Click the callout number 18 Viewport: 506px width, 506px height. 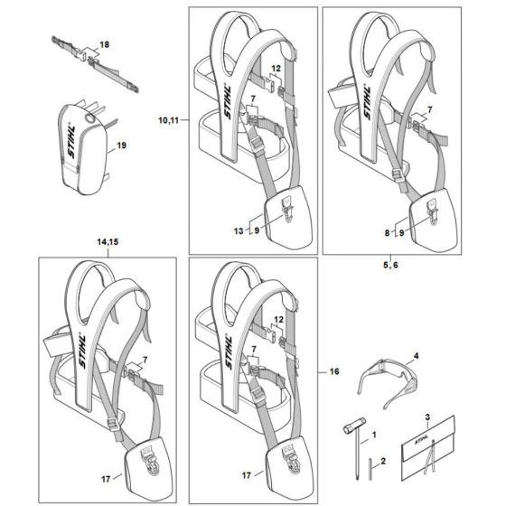pyautogui.click(x=105, y=44)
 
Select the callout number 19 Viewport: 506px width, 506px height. pyautogui.click(x=121, y=145)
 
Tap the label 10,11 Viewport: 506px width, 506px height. pyautogui.click(x=168, y=120)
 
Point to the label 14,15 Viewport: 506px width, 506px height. pyautogui.click(x=108, y=242)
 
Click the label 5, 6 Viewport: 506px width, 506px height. pyautogui.click(x=390, y=265)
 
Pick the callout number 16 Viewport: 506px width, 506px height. pyautogui.click(x=334, y=371)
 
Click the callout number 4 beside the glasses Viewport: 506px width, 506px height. pyautogui.click(x=417, y=356)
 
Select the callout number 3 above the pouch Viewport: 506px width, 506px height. pyautogui.click(x=427, y=417)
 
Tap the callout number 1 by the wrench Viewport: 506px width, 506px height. pyautogui.click(x=374, y=435)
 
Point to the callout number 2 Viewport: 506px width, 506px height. pyautogui.click(x=383, y=461)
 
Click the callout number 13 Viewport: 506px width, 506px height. pyautogui.click(x=239, y=231)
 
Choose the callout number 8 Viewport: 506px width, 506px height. pyautogui.click(x=388, y=233)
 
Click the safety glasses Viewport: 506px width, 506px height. pyautogui.click(x=389, y=382)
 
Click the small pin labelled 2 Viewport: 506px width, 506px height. pyautogui.click(x=370, y=470)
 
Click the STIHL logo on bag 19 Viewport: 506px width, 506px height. pyautogui.click(x=71, y=141)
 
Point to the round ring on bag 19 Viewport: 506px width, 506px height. pyautogui.click(x=89, y=118)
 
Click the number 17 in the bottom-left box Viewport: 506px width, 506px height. pyautogui.click(x=106, y=479)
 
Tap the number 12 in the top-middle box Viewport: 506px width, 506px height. pyautogui.click(x=276, y=69)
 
